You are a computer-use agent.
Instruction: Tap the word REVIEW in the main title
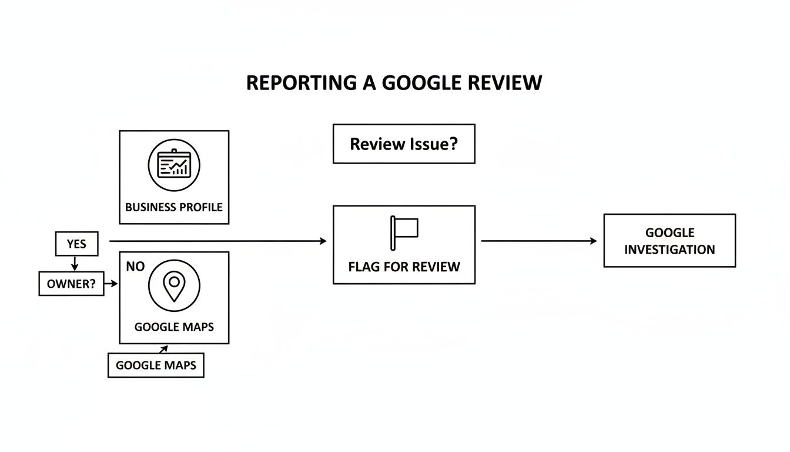click(x=505, y=82)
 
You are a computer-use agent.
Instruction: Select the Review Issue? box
click(x=404, y=144)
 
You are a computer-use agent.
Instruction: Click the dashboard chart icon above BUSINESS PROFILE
click(x=174, y=165)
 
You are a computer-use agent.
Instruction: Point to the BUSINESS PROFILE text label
click(x=174, y=207)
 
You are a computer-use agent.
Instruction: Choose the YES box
click(x=76, y=244)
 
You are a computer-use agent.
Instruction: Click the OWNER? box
click(x=71, y=284)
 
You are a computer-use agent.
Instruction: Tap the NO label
click(x=135, y=267)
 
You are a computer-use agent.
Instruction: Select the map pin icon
click(x=174, y=286)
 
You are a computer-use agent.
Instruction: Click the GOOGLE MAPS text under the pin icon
click(x=174, y=327)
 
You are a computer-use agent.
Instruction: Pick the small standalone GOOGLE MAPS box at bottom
click(x=156, y=365)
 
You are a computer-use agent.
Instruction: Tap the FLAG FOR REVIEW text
click(x=404, y=267)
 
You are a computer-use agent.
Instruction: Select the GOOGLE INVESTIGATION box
click(x=670, y=241)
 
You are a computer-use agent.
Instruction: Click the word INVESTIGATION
click(x=670, y=250)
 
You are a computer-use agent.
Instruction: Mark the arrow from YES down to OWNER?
click(x=75, y=264)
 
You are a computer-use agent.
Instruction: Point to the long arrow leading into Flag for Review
click(x=217, y=241)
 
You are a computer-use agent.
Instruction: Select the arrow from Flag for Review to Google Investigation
click(x=539, y=241)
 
